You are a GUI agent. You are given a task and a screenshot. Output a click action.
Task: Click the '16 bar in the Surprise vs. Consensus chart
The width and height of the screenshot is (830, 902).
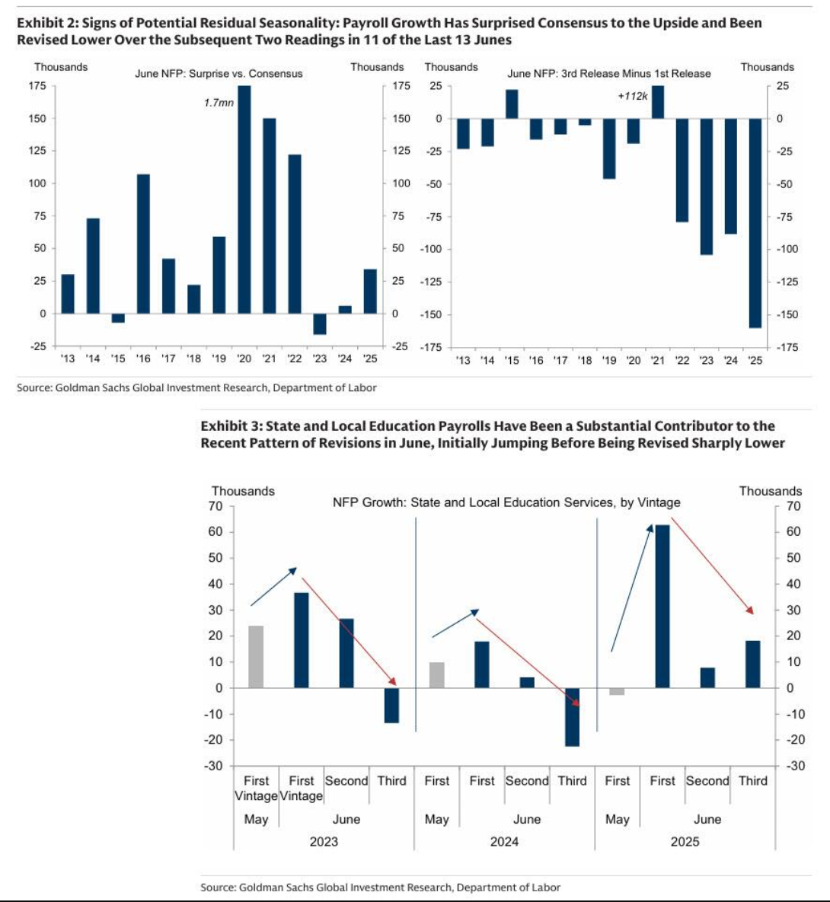[143, 244]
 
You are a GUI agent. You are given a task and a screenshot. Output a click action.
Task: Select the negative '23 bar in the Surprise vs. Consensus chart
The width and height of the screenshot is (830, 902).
[320, 324]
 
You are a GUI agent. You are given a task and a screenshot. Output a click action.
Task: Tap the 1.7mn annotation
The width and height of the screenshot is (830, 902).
[219, 103]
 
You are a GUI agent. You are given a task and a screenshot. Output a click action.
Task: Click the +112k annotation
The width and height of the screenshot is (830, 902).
[633, 96]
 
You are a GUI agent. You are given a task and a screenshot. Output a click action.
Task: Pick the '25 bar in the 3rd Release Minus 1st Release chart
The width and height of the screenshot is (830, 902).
[755, 223]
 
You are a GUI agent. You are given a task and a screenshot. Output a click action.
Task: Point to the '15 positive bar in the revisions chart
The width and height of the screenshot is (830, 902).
[512, 104]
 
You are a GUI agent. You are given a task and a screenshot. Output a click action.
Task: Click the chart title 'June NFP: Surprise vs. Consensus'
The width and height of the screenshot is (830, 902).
[219, 74]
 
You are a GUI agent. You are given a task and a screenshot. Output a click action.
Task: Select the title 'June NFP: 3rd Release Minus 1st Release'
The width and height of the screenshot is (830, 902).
[609, 74]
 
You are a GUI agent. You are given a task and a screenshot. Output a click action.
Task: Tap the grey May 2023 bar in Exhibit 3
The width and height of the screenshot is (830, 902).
[256, 657]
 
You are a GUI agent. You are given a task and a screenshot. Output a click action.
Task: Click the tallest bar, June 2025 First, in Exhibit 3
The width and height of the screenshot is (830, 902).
[662, 607]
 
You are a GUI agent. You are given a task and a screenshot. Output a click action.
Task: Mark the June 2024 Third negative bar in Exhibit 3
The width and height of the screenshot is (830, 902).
[572, 717]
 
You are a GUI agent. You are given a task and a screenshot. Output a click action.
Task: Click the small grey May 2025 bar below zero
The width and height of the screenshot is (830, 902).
[617, 691]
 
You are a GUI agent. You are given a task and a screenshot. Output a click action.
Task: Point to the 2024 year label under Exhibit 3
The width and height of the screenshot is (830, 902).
[504, 842]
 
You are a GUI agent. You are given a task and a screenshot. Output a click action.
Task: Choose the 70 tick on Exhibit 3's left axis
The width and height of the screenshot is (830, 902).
[215, 506]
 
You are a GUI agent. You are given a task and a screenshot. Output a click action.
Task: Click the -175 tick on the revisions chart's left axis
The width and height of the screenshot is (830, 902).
[431, 347]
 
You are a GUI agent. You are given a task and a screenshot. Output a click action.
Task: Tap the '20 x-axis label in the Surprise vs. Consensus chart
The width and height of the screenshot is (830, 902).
[244, 359]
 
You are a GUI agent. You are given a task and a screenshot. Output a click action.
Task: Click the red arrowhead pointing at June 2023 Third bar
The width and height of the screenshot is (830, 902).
[393, 681]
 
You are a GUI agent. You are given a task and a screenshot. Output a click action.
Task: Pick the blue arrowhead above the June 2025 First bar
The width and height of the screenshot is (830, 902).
[650, 529]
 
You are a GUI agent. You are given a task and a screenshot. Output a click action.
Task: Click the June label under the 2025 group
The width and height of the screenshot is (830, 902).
[707, 819]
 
